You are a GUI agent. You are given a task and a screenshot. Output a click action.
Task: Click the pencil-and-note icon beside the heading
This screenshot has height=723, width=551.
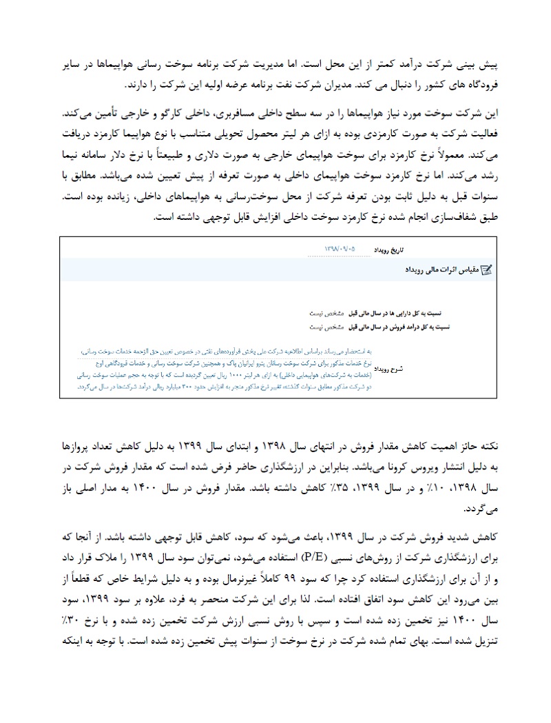[x=486, y=270]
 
